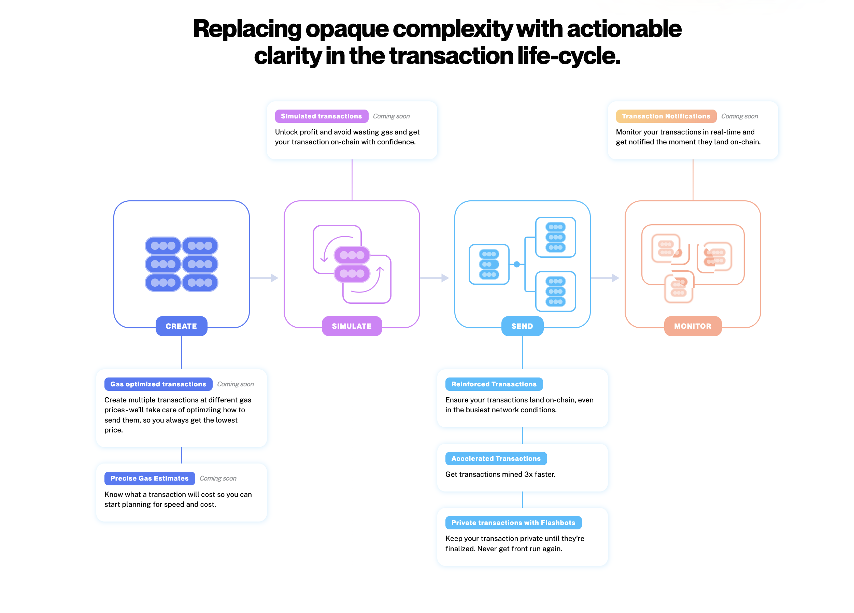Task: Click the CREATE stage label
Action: [181, 326]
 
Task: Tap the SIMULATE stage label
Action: [352, 326]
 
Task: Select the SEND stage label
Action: [522, 326]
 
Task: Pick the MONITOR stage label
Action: [693, 326]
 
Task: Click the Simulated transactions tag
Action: [321, 116]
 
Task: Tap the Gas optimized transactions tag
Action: [158, 384]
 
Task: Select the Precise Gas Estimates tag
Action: [150, 478]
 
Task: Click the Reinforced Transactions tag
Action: [494, 384]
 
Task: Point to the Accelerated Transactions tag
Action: [496, 458]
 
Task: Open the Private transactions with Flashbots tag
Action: [513, 523]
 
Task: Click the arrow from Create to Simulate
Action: [264, 278]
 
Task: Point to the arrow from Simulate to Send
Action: [435, 278]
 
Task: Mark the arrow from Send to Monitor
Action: [605, 278]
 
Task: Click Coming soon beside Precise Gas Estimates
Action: [218, 478]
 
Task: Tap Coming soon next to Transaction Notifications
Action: [740, 116]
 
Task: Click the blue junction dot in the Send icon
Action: [517, 264]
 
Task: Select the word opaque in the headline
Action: [347, 29]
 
